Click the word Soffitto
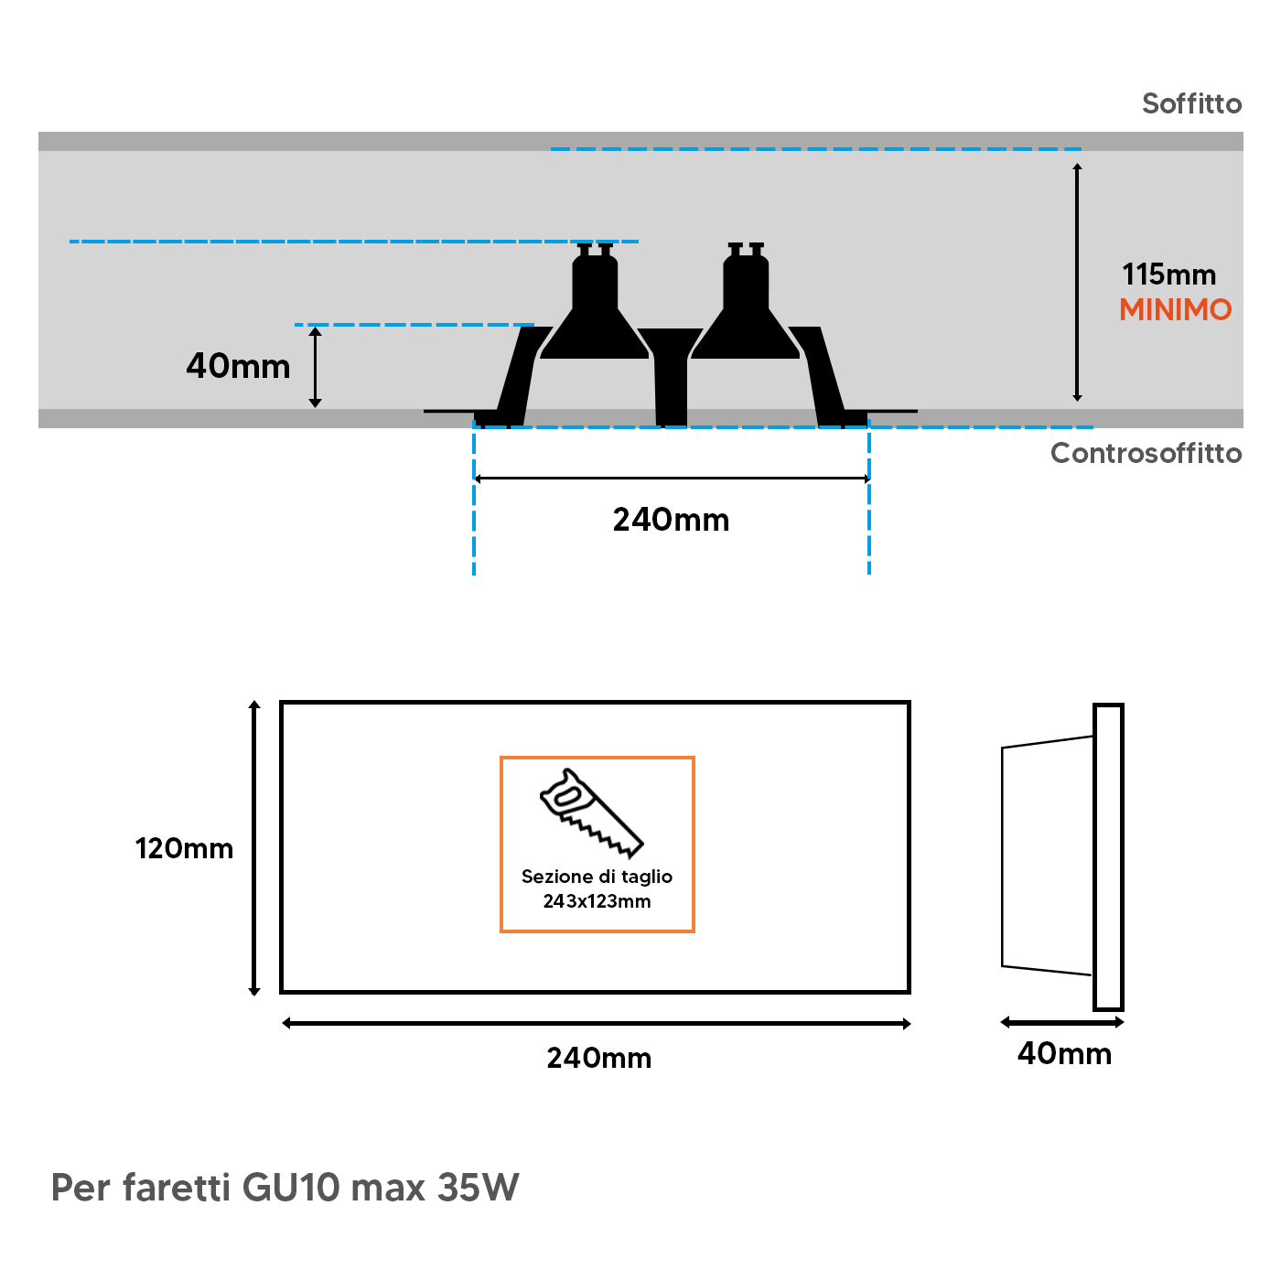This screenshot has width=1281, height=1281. (1191, 103)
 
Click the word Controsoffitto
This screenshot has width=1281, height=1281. (1146, 453)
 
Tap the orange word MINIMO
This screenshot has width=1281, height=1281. (1175, 310)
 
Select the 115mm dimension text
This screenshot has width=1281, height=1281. (1168, 274)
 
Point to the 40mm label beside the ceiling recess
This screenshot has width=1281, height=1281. (238, 366)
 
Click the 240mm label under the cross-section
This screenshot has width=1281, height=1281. (671, 520)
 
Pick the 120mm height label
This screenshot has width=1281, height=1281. (184, 849)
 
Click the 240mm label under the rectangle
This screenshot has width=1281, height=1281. (599, 1059)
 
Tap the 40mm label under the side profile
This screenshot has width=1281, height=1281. (1064, 1054)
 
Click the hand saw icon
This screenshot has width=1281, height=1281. (591, 813)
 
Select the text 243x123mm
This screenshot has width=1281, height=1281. (597, 901)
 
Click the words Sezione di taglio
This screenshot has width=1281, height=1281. (597, 877)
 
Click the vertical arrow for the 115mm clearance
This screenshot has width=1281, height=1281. (1077, 283)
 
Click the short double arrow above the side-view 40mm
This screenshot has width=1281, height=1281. (1061, 1022)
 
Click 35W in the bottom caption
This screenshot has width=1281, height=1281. (478, 1188)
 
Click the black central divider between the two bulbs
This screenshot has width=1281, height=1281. (671, 375)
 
